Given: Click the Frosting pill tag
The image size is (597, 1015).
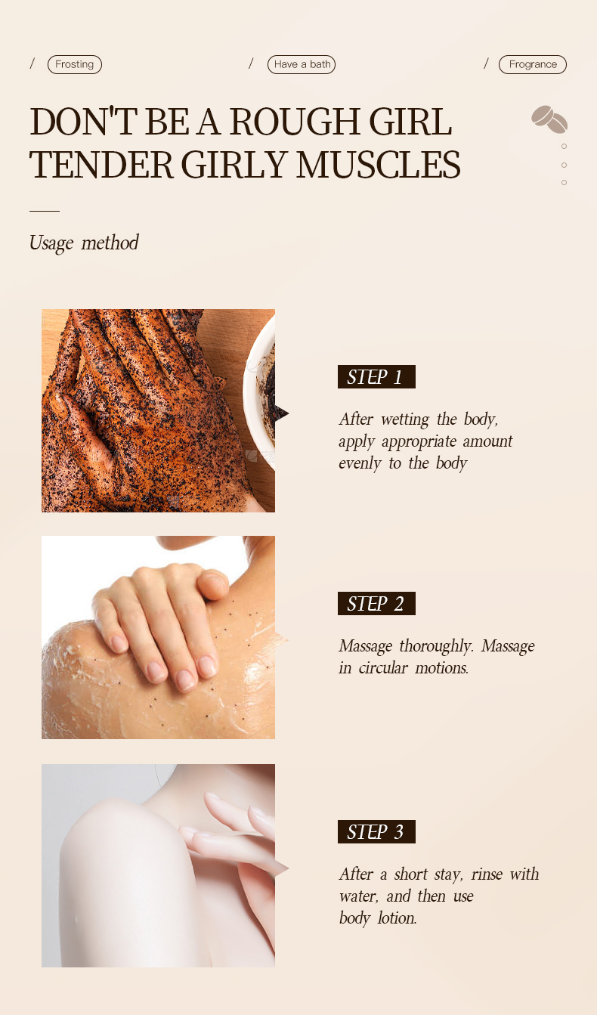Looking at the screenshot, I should tap(74, 64).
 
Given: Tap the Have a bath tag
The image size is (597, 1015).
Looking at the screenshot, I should tap(302, 64).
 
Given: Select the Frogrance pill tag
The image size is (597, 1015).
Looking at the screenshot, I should tap(532, 64).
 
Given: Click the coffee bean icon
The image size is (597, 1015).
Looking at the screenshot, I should tap(549, 119).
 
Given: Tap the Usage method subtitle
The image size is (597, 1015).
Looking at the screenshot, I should tap(84, 243).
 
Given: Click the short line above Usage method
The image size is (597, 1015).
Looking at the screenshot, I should tap(44, 211).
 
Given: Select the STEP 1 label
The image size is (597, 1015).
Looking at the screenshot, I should tap(376, 376).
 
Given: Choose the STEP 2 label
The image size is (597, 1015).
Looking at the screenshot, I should tap(376, 603).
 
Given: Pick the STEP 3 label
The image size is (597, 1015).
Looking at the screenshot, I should tap(376, 831).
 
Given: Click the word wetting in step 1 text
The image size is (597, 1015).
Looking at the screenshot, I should tap(406, 419).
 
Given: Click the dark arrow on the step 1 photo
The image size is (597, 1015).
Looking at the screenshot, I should tap(281, 413).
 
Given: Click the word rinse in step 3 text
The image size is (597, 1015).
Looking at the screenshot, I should tap(487, 874).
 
